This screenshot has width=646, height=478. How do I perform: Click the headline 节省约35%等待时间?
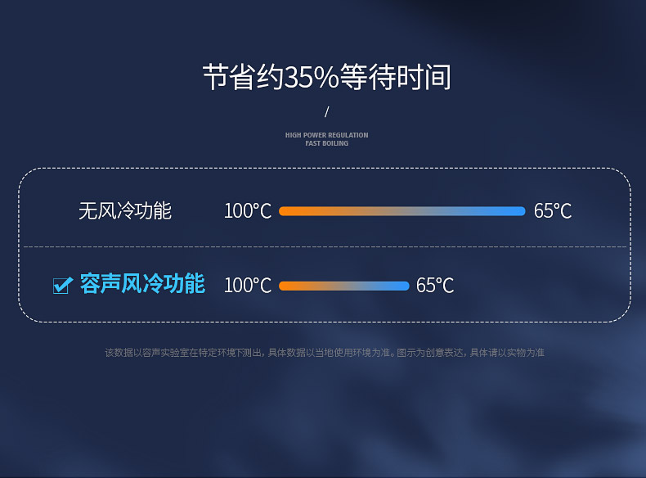tap(327, 77)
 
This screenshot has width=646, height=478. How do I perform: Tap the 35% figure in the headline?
tap(312, 77)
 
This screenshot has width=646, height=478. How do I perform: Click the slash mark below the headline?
tap(327, 111)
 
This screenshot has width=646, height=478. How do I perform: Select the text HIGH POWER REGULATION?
tap(327, 135)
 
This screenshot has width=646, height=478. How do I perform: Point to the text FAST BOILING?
tap(327, 143)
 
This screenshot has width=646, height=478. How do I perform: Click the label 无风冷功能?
tap(125, 210)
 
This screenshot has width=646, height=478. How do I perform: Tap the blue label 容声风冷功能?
tap(142, 283)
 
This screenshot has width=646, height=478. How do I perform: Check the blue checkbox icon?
tap(63, 285)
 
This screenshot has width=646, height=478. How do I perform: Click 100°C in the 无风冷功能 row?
tap(248, 211)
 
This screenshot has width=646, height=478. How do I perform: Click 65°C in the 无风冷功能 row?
tap(553, 211)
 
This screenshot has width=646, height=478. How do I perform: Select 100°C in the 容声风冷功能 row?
tap(248, 286)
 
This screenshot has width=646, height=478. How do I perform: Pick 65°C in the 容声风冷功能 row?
tap(435, 286)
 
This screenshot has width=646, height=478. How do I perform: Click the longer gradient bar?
tap(402, 211)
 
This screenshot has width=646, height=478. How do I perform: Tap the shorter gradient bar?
tap(344, 286)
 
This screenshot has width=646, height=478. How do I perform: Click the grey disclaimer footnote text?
tap(325, 353)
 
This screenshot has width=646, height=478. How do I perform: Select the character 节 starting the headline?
tap(216, 77)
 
